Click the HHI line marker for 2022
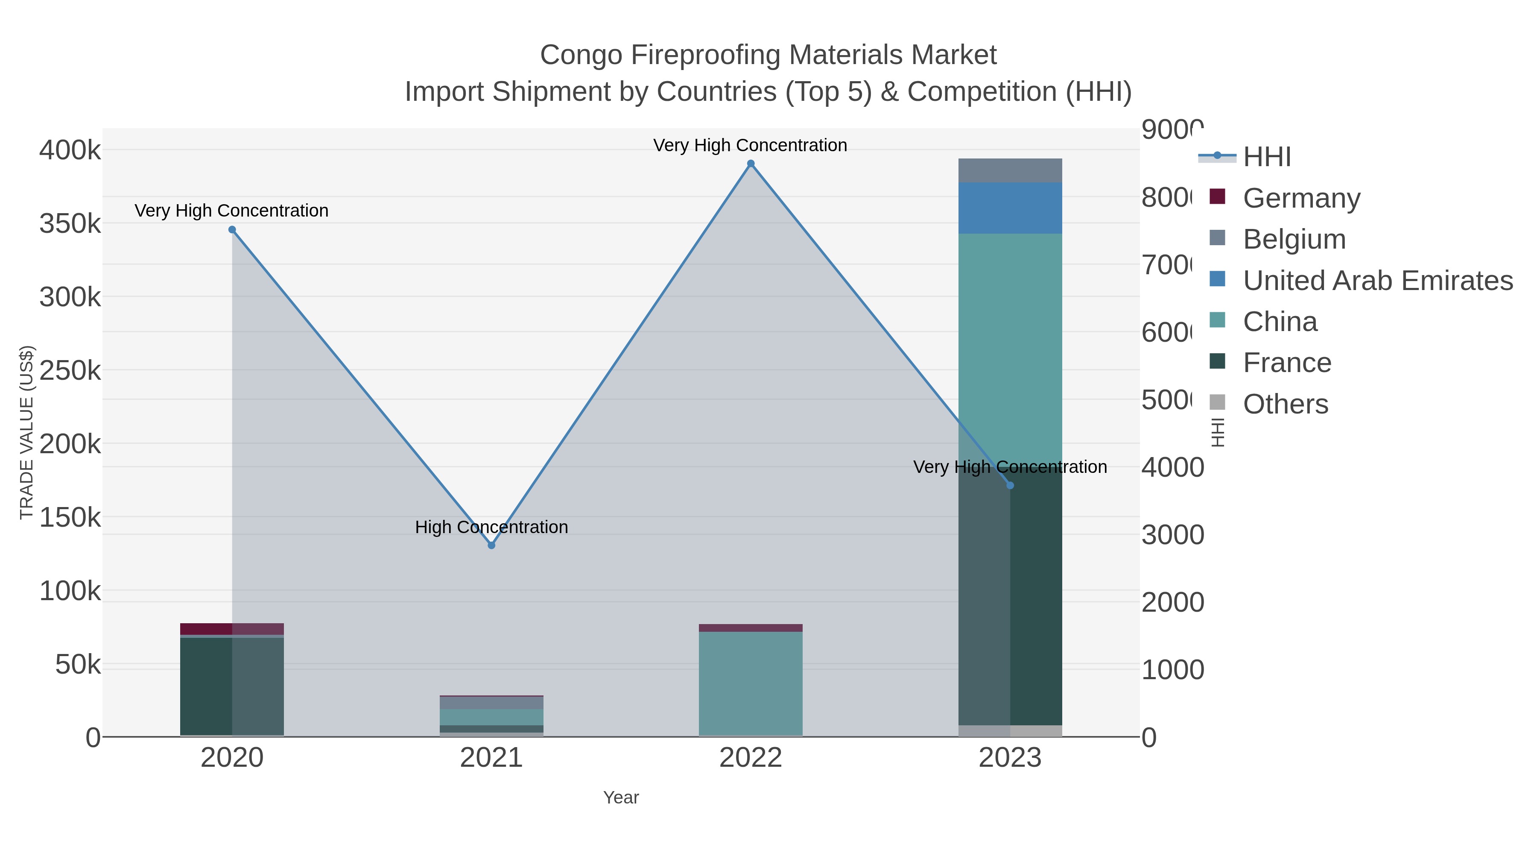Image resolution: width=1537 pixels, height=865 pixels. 751,164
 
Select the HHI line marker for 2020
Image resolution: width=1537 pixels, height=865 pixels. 232,230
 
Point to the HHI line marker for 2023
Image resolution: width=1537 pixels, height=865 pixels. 1010,485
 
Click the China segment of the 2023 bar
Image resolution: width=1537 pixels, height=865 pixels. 1010,334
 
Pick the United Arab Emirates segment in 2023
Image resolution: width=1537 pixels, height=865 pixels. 1010,208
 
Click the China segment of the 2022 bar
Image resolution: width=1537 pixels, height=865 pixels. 751,683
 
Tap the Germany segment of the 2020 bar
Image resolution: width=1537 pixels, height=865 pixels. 232,629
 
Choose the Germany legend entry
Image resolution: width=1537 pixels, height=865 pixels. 1301,198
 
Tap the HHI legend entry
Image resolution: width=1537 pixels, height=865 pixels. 1267,157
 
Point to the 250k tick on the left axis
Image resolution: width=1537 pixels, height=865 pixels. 70,371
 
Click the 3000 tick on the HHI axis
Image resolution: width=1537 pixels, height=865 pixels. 1172,535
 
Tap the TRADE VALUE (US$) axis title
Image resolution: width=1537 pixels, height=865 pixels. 27,432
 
